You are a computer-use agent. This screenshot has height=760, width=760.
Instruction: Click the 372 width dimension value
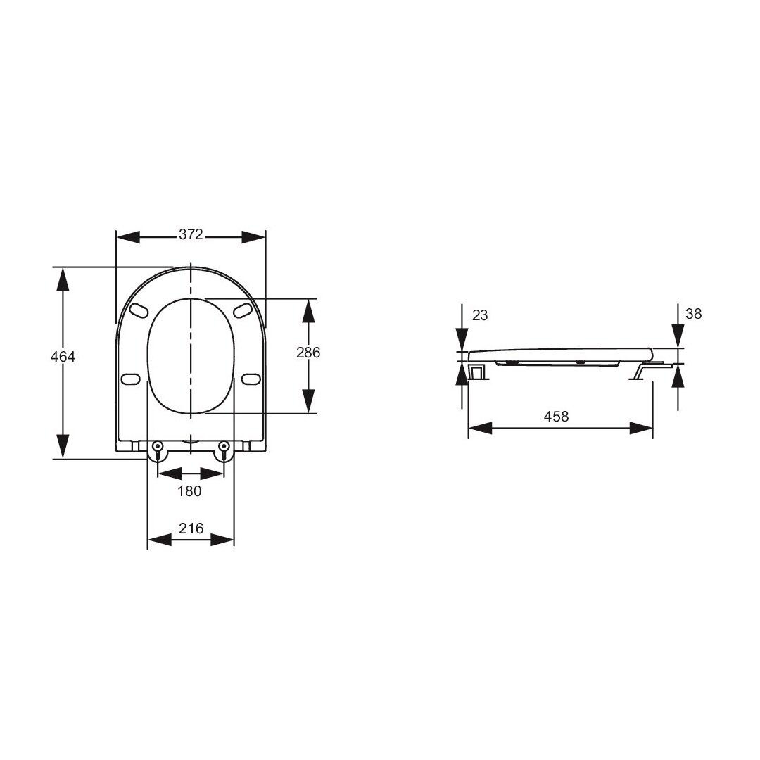(x=191, y=234)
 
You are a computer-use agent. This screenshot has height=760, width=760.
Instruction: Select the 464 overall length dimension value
(x=63, y=357)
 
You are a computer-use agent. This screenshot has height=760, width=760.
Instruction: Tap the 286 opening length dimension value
(x=308, y=353)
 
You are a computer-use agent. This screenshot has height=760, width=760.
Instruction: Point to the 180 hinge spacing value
(x=189, y=491)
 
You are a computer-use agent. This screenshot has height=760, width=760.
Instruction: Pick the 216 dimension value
(x=191, y=528)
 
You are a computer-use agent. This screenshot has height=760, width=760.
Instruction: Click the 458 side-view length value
(x=556, y=417)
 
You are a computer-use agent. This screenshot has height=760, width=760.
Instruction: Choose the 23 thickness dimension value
(x=480, y=315)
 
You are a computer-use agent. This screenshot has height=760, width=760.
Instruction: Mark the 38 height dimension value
(x=694, y=314)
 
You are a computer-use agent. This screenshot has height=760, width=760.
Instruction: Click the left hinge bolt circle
(x=158, y=446)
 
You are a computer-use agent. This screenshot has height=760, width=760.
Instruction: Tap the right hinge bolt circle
(x=224, y=446)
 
